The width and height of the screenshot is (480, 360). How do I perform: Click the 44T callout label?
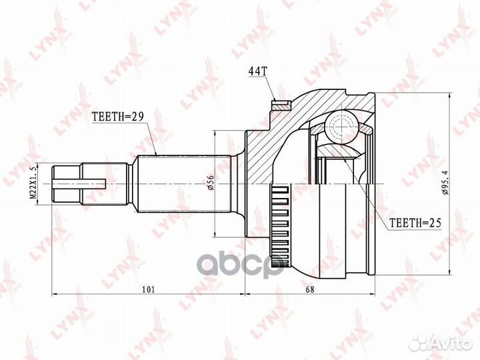257,70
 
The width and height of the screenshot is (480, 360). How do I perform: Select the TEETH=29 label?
118,115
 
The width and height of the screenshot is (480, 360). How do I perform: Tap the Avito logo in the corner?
441,343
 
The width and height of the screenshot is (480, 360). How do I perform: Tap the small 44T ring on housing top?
280,104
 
